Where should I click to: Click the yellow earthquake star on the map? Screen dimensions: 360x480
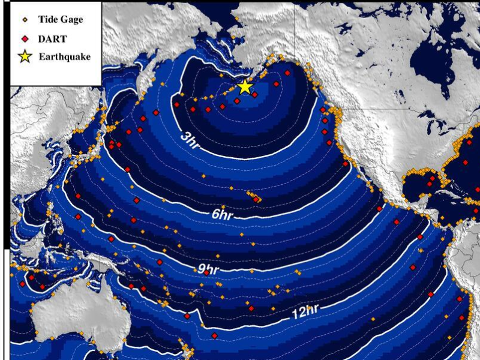point(244,86)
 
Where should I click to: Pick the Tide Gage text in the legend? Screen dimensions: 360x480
point(61,19)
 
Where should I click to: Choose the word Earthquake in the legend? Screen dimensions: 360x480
point(64,57)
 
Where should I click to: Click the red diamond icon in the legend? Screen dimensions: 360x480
point(26,38)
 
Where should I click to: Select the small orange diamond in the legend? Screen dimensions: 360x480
point(26,19)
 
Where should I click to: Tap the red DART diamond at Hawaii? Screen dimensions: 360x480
point(256,199)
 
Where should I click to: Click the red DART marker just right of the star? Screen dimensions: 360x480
point(254,94)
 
